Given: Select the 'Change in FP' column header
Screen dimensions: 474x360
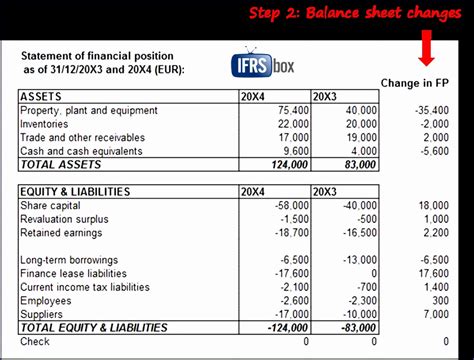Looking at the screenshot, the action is pos(412,82).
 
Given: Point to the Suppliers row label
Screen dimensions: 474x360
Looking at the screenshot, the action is pos(41,313).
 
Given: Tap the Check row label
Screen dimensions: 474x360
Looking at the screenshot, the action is pos(35,341).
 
